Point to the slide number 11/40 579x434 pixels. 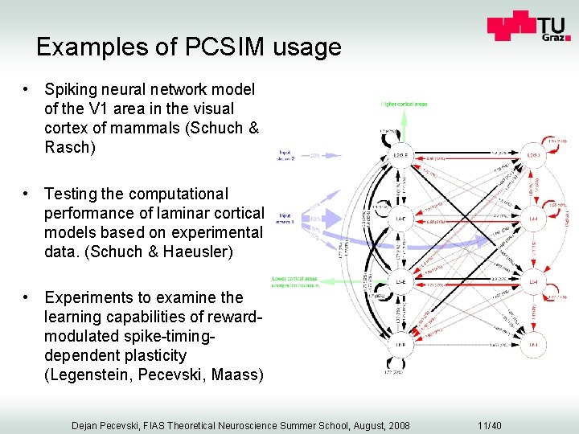point(490,425)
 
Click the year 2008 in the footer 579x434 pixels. point(396,425)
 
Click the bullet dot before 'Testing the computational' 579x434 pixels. point(27,194)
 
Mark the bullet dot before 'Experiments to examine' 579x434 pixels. point(27,297)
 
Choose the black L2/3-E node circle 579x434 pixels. point(400,155)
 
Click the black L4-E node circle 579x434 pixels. point(400,218)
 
